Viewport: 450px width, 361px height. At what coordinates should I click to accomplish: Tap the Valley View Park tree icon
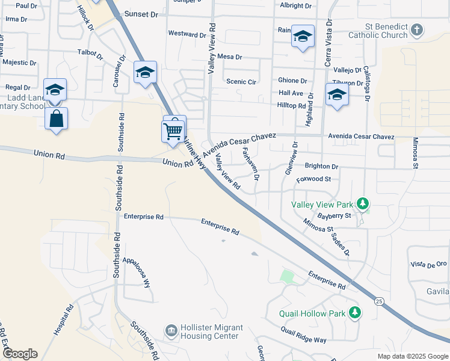(362, 204)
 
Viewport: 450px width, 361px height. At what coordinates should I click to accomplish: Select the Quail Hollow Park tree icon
(355, 313)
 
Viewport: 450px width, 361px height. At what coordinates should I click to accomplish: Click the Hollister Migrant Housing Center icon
(171, 331)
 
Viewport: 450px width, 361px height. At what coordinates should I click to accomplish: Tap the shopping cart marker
(173, 131)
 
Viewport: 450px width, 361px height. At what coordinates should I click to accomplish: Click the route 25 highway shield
(378, 301)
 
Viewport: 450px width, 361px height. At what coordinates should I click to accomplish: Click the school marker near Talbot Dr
(145, 73)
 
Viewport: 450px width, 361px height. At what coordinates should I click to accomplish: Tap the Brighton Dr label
(321, 165)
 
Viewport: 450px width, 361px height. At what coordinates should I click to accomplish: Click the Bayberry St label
(334, 215)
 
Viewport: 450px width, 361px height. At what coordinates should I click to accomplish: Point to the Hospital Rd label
(63, 319)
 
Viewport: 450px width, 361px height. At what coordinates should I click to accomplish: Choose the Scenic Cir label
(241, 81)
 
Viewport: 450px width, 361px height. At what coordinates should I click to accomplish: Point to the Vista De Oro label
(428, 264)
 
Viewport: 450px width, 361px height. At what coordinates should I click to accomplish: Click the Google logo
(19, 354)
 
